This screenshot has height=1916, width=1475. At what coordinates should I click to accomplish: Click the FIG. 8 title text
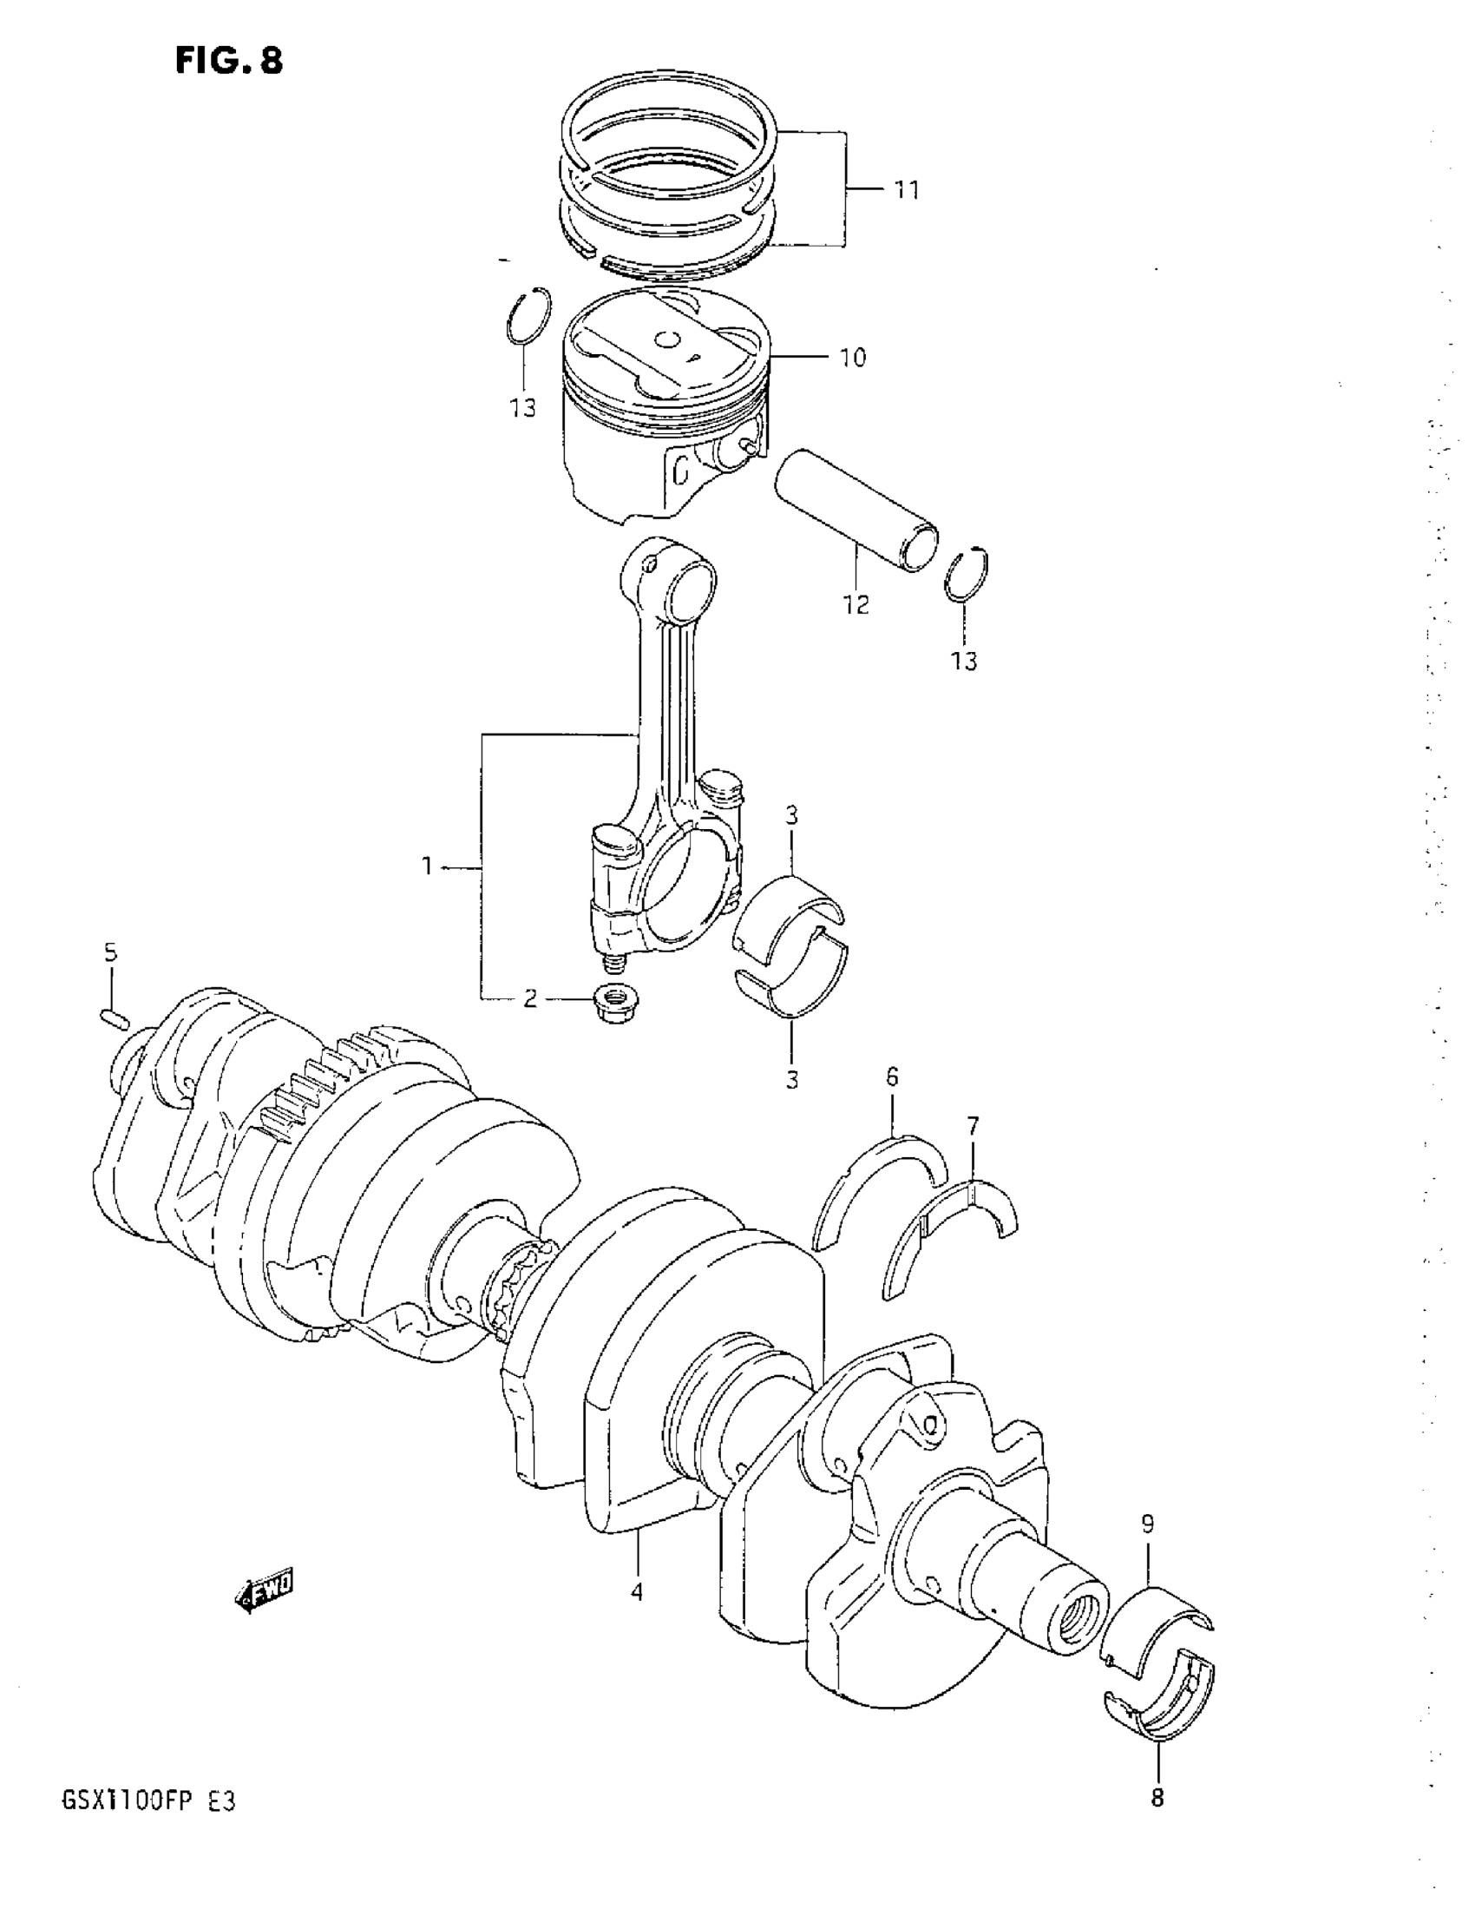click(x=229, y=61)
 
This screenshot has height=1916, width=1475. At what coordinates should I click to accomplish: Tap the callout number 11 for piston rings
click(x=906, y=190)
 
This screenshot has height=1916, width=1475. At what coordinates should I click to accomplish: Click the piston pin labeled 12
click(x=855, y=510)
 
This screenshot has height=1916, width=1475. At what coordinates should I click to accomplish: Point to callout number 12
click(x=856, y=604)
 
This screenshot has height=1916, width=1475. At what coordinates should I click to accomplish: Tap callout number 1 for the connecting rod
click(x=426, y=866)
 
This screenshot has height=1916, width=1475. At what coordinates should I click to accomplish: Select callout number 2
click(x=529, y=998)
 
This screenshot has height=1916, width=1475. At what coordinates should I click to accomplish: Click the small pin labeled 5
click(x=115, y=1017)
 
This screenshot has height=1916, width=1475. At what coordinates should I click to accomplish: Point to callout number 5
click(x=110, y=952)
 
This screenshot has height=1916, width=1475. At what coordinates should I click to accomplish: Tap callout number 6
click(x=892, y=1077)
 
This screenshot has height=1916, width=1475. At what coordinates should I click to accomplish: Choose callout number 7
click(x=973, y=1126)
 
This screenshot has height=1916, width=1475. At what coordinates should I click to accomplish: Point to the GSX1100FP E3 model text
click(x=148, y=1803)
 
